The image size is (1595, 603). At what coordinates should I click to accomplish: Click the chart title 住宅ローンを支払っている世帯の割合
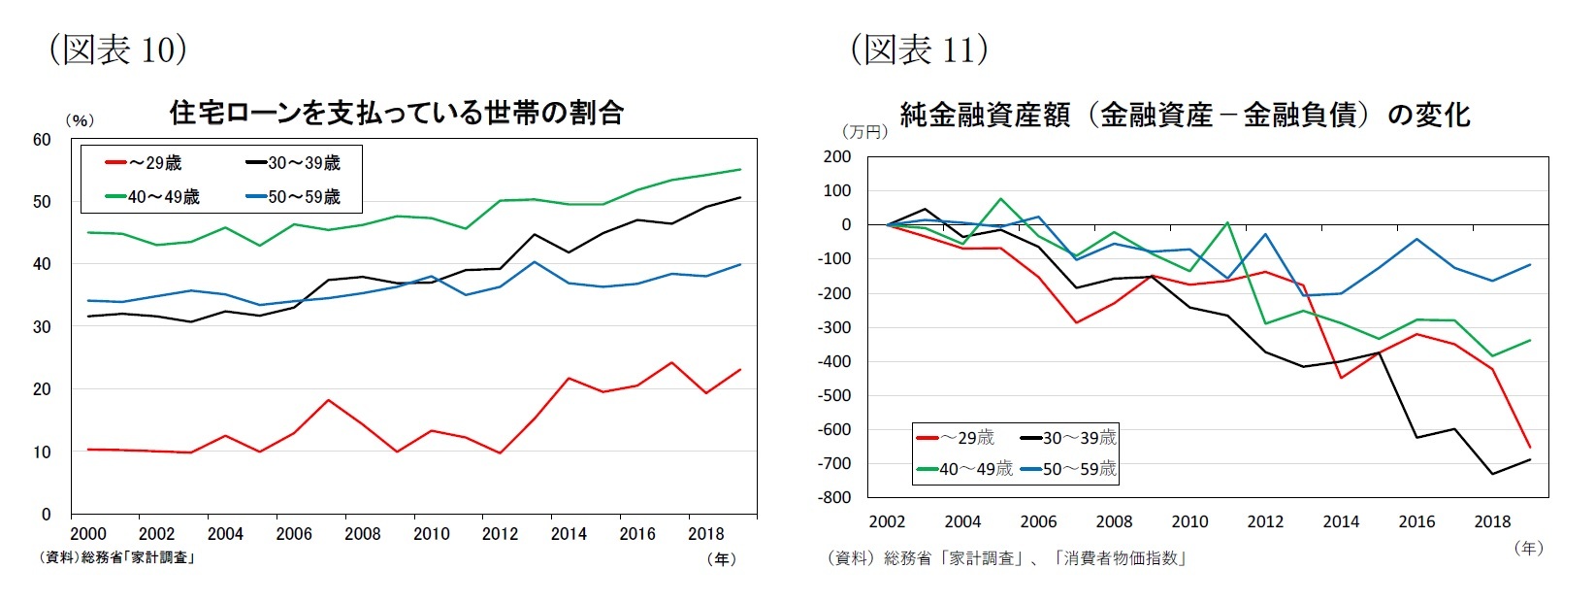(396, 114)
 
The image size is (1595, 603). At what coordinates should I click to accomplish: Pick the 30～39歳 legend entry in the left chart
(292, 163)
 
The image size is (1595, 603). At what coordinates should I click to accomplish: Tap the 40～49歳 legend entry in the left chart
(152, 197)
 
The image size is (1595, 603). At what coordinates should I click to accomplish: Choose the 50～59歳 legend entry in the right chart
(1067, 469)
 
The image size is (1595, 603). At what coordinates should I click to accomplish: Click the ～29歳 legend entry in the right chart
(956, 438)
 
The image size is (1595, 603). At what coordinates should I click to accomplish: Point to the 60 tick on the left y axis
(42, 140)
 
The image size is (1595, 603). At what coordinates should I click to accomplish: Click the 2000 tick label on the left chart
(88, 534)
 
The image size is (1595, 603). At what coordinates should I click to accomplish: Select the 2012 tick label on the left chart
(500, 534)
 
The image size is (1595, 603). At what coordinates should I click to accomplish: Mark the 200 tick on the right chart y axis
(837, 156)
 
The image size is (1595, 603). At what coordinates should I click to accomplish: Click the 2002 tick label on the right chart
(887, 522)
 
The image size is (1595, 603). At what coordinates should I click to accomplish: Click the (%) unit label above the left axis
(80, 120)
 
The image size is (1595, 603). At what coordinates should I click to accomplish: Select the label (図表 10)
(117, 49)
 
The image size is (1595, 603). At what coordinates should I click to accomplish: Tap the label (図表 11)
(919, 49)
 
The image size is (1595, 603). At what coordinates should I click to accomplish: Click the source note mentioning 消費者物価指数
(1006, 558)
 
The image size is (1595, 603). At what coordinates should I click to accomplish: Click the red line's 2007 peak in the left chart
(328, 400)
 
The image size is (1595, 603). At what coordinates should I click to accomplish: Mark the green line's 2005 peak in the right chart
(1000, 199)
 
